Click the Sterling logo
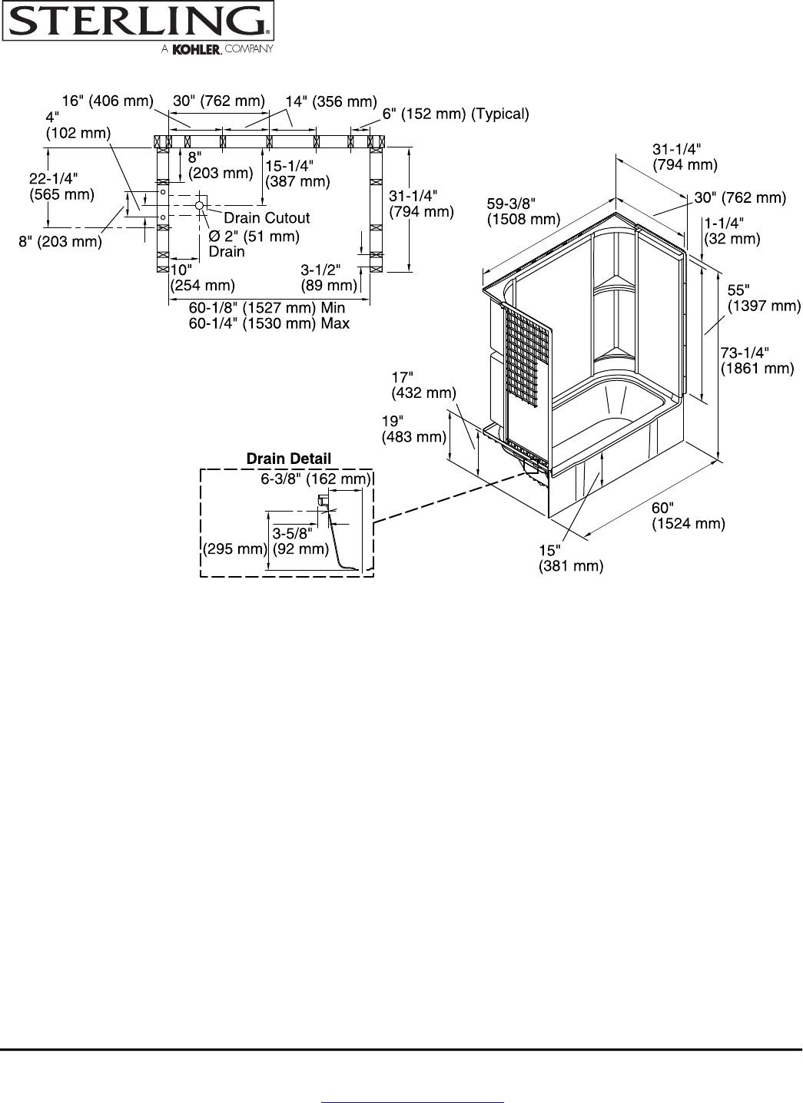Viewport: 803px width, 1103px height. [x=138, y=22]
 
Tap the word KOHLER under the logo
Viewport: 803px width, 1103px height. [x=197, y=49]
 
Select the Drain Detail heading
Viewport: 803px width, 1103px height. [x=288, y=459]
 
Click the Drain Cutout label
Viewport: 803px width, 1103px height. [x=267, y=217]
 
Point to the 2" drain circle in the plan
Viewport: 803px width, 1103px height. [x=199, y=205]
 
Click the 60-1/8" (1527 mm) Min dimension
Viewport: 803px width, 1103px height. [x=267, y=308]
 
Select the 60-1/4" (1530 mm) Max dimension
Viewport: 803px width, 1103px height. [x=269, y=323]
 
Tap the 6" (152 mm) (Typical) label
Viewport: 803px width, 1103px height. [x=456, y=114]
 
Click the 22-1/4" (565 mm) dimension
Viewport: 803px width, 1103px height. [x=61, y=186]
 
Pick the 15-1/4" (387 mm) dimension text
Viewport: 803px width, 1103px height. [x=297, y=174]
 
